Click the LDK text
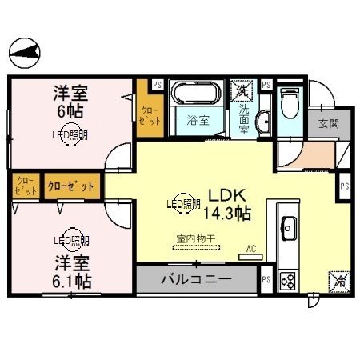click(226, 194)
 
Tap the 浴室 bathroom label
click(197, 122)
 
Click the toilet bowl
click(290, 103)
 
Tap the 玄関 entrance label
click(328, 124)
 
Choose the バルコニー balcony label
click(196, 279)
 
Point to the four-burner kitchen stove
click(286, 281)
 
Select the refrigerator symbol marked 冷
click(338, 281)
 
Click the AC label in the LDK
click(251, 249)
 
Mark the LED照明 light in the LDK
click(183, 204)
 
